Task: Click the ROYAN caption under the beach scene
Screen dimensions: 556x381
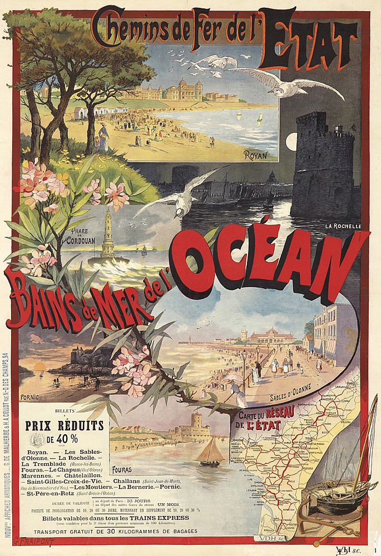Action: tap(256, 155)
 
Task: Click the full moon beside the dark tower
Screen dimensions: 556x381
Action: tap(291, 142)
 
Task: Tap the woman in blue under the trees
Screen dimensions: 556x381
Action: tap(103, 137)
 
